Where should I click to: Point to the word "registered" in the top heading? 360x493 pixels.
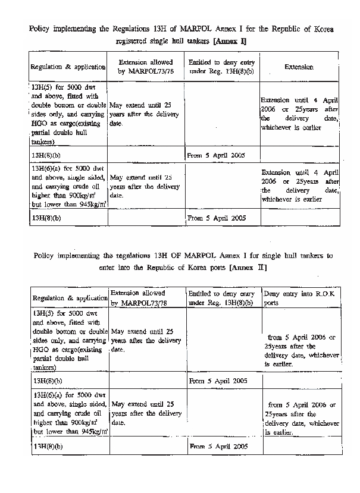click(136, 41)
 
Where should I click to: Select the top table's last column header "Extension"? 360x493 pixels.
click(299, 67)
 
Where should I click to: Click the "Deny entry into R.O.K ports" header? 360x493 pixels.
click(301, 298)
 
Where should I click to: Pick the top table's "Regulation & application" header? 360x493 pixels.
click(68, 67)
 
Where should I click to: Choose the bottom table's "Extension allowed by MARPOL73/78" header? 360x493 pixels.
click(146, 298)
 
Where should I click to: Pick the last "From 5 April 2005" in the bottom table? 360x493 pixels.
click(215, 446)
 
